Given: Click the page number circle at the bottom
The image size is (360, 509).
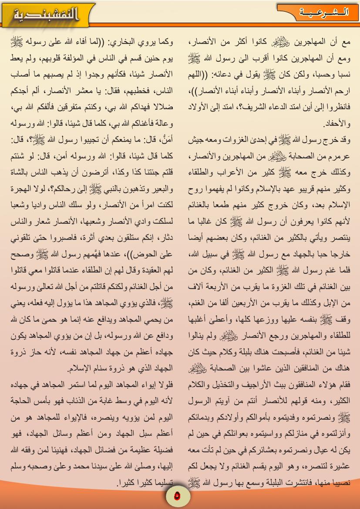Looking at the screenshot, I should (x=176, y=496).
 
